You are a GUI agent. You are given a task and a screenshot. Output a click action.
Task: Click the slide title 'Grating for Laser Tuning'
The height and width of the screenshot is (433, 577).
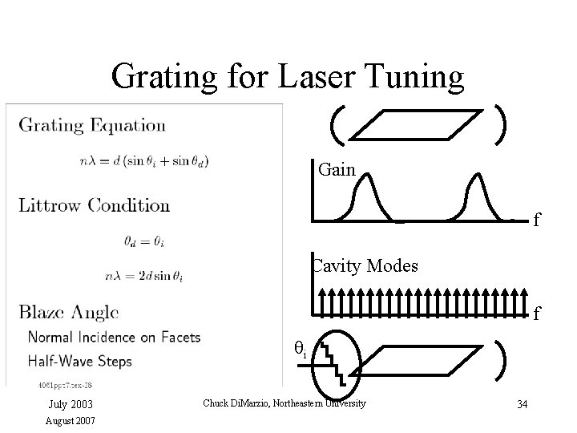288,77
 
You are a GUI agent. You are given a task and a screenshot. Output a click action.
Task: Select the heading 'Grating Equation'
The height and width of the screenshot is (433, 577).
92,125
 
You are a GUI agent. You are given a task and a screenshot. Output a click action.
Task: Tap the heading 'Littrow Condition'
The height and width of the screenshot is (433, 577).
95,205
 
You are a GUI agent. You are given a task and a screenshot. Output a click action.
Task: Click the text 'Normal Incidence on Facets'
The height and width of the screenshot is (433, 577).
115,337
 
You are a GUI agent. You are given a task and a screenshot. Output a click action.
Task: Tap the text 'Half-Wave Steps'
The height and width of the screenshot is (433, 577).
80,361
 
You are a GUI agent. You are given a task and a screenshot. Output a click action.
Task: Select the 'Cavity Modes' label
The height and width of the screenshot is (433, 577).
365,265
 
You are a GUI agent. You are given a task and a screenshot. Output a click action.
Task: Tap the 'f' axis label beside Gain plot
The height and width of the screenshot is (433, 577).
538,219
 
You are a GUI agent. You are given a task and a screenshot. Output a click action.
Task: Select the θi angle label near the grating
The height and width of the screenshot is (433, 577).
301,350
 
